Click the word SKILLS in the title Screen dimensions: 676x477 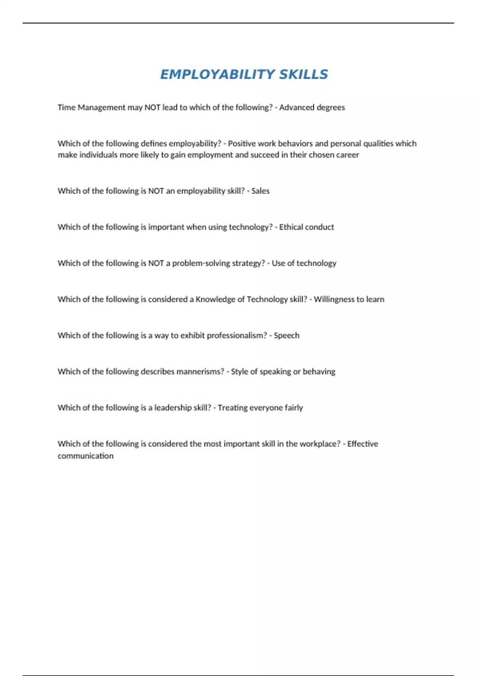click(303, 74)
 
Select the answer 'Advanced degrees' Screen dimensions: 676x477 click(312, 107)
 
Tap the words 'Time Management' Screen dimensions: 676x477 click(91, 107)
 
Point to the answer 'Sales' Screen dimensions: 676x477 click(260, 191)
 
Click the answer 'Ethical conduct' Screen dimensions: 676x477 click(306, 227)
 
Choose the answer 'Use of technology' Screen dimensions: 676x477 click(304, 263)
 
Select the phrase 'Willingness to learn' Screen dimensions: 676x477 click(349, 299)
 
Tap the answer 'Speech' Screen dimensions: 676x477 click(287, 336)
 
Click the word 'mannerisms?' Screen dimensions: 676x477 click(200, 372)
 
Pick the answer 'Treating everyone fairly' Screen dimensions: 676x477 click(260, 408)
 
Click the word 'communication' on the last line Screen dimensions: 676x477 click(85, 456)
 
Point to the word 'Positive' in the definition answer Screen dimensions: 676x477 click(242, 144)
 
